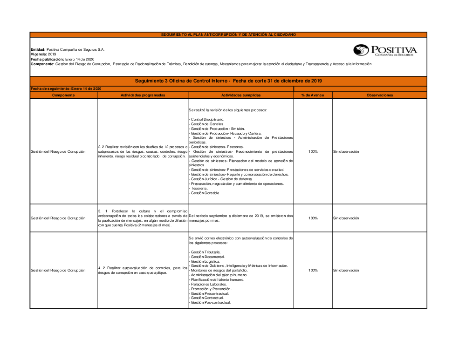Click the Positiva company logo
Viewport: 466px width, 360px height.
point(385,50)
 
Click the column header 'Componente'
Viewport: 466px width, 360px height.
point(63,95)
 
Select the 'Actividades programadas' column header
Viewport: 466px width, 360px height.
point(143,95)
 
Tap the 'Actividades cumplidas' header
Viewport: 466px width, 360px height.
point(241,95)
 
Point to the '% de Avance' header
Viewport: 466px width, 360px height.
point(313,95)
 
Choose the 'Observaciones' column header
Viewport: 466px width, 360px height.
point(379,95)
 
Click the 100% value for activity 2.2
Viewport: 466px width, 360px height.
point(313,151)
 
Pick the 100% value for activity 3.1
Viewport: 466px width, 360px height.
point(313,218)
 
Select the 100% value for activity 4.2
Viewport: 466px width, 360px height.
point(313,270)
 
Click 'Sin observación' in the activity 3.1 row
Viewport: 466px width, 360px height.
point(346,218)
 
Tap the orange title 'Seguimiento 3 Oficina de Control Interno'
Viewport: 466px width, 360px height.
point(228,81)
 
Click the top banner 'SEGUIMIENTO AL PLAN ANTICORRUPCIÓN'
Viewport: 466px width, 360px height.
point(228,34)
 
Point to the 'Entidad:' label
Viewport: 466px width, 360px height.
point(38,49)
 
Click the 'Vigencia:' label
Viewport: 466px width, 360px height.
point(39,54)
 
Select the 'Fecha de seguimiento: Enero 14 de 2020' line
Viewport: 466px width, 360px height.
point(66,88)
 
